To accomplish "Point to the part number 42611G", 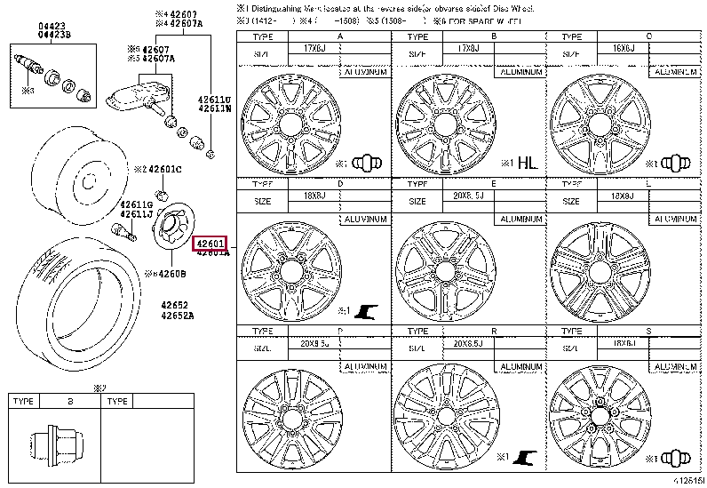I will click(x=138, y=204).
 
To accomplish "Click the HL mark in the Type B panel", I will click(x=528, y=163).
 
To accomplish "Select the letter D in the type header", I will click(x=339, y=183).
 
